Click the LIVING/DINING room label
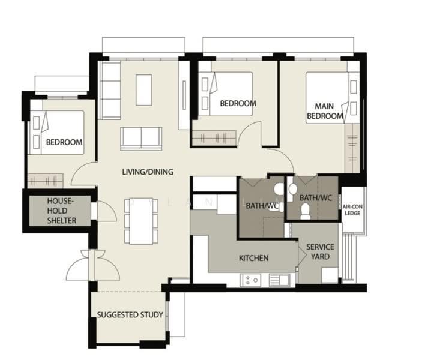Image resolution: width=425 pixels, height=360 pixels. pyautogui.click(x=148, y=172)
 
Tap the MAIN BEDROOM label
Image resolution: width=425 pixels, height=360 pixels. pyautogui.click(x=325, y=111)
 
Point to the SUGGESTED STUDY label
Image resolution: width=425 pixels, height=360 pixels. pyautogui.click(x=130, y=315)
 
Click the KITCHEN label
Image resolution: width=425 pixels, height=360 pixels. pyautogui.click(x=254, y=258)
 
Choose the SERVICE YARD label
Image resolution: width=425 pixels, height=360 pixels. pyautogui.click(x=320, y=251)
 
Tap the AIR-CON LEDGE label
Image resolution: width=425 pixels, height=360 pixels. pyautogui.click(x=352, y=210)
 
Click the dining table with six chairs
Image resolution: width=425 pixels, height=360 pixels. pyautogui.click(x=141, y=221)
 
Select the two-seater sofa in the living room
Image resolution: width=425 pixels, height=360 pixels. pyautogui.click(x=141, y=139)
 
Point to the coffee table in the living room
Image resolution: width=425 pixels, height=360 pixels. pyautogui.click(x=143, y=90)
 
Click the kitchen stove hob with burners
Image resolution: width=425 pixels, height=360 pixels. pyautogui.click(x=251, y=280)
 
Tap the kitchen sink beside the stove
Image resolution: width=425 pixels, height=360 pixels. pyautogui.click(x=280, y=280)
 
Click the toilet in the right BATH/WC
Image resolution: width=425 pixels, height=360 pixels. pyautogui.click(x=306, y=211)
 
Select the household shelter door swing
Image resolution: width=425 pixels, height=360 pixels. pyautogui.click(x=107, y=211)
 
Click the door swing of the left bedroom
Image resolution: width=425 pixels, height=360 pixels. pyautogui.click(x=84, y=174)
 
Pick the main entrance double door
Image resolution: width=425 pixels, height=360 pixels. pyautogui.click(x=93, y=265)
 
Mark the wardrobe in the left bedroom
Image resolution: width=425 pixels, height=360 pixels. pyautogui.click(x=45, y=181)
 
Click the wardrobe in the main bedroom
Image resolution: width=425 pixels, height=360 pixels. pyautogui.click(x=352, y=148)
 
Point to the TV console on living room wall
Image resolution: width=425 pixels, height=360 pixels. pyautogui.click(x=184, y=95)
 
